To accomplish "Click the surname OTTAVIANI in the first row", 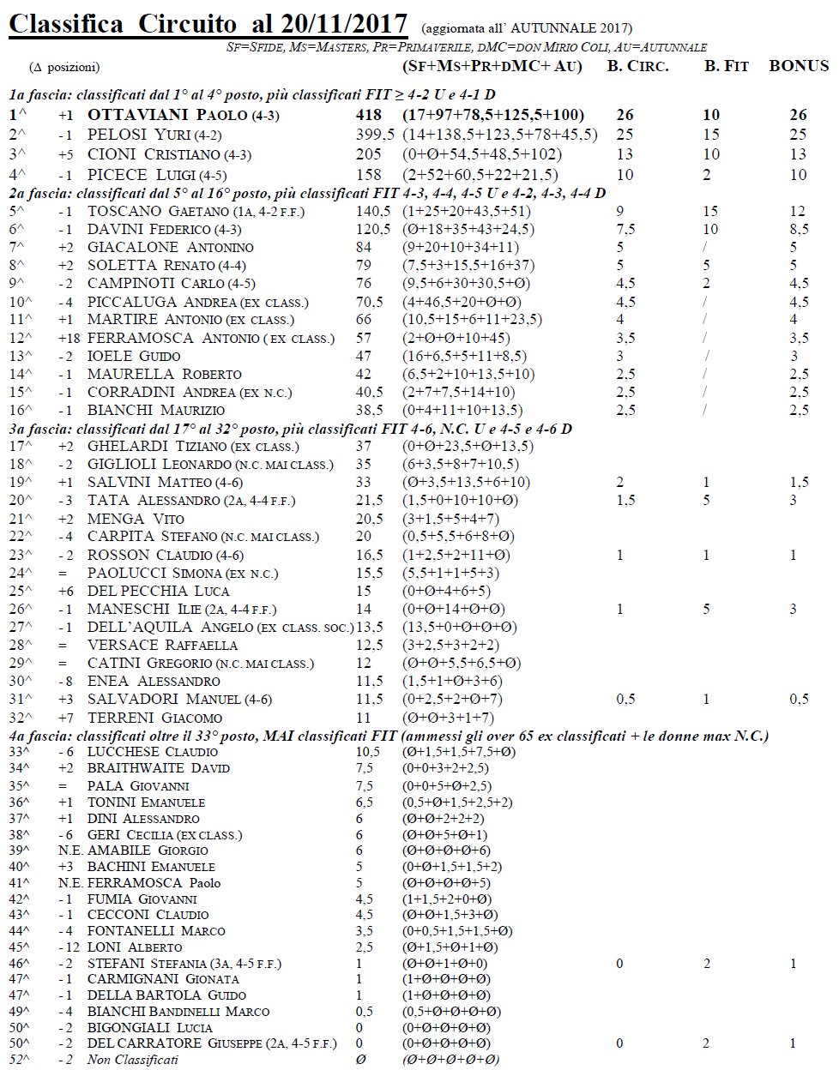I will [139, 115].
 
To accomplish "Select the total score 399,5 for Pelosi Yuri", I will [375, 135].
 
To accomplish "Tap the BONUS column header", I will [798, 66].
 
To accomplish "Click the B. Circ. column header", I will [637, 66].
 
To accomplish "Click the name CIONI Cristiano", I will [154, 154].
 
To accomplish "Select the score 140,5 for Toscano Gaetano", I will [373, 212].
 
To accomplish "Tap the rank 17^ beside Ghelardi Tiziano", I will [19, 446].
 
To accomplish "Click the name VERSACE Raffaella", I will [162, 645].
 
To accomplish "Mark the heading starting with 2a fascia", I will [307, 193].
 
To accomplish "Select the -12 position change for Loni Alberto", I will [69, 947].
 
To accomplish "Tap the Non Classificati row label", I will [133, 1061].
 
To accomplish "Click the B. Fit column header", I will [726, 66].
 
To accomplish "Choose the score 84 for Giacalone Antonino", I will [365, 248].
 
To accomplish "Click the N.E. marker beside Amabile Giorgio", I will [69, 851].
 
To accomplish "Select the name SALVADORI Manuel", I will [165, 700].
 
